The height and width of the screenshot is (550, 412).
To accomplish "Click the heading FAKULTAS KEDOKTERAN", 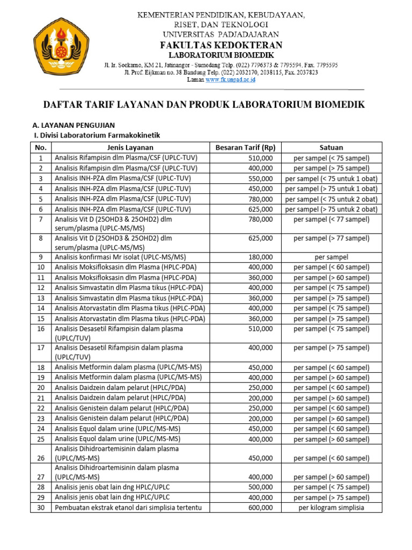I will click(220, 45).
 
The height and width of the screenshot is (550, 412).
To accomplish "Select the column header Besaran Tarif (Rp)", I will click(245, 148).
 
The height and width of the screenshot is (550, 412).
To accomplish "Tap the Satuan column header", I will click(331, 148).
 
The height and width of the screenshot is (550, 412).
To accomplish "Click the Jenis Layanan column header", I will click(129, 148).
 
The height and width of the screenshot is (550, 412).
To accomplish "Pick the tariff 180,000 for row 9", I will click(261, 257).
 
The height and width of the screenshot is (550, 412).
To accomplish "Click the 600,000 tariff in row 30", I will click(261, 508).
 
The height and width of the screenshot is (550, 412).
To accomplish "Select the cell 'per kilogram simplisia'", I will click(331, 508).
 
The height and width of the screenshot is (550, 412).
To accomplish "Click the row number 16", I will click(41, 329).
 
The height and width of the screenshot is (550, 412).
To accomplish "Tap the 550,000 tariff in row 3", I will click(261, 178).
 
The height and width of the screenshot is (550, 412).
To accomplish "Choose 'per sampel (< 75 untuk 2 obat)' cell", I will click(331, 199).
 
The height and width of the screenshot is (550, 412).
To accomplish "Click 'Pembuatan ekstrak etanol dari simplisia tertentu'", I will click(128, 508).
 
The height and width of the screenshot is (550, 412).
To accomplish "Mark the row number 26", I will click(41, 458).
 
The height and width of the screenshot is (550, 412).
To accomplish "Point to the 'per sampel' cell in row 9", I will click(331, 257).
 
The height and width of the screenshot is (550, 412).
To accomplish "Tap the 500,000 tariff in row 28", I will click(261, 487).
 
